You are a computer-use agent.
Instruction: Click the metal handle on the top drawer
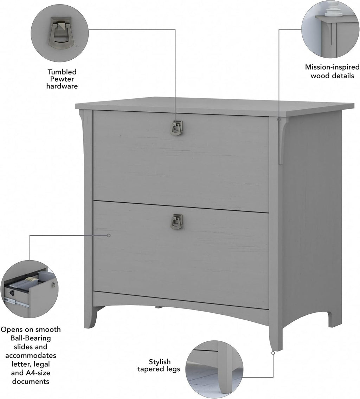point(176,128)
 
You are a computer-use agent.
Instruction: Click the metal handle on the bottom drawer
point(176,221)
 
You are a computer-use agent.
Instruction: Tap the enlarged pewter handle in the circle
point(59,33)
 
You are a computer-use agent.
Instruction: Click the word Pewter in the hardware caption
point(62,79)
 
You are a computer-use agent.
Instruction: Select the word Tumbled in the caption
point(62,72)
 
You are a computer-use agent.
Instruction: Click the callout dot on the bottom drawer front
point(109,235)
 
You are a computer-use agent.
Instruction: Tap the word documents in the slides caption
point(31,381)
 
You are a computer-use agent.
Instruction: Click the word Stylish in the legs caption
point(160,361)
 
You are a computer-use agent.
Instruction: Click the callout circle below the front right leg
point(273,353)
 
